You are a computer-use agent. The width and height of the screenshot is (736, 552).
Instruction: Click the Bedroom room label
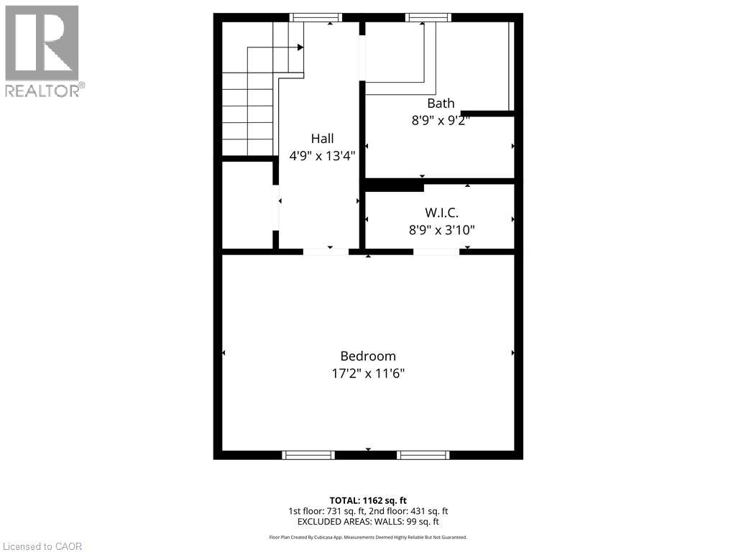[368, 356]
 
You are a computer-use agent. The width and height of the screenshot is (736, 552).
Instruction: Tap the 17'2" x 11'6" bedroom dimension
[368, 374]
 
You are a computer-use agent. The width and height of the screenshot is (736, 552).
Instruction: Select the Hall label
[322, 139]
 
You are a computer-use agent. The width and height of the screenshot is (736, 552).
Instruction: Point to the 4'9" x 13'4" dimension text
[322, 155]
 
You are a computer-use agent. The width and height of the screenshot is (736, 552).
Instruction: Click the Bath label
[441, 103]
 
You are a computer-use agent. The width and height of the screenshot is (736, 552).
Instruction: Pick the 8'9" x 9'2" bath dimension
[441, 121]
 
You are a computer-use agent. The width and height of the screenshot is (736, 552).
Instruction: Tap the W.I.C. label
[441, 213]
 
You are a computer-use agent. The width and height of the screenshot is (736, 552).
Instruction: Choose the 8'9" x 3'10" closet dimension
[441, 230]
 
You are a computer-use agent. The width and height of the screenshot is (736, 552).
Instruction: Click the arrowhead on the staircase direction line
[300, 47]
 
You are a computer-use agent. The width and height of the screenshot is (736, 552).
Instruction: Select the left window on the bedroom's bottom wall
[308, 455]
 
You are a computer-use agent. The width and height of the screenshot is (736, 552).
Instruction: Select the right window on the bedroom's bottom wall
[423, 455]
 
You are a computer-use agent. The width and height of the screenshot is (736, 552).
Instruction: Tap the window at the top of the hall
[316, 17]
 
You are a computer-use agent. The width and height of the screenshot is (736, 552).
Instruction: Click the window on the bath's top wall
[428, 17]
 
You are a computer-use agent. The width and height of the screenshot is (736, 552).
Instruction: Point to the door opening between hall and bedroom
[326, 252]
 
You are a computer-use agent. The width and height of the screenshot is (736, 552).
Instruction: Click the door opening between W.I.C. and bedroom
[436, 252]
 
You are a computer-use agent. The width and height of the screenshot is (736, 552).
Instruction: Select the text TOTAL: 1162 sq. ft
[368, 500]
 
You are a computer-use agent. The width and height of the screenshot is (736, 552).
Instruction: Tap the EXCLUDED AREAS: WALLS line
[368, 522]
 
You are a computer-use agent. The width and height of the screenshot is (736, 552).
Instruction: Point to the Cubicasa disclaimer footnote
[368, 537]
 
